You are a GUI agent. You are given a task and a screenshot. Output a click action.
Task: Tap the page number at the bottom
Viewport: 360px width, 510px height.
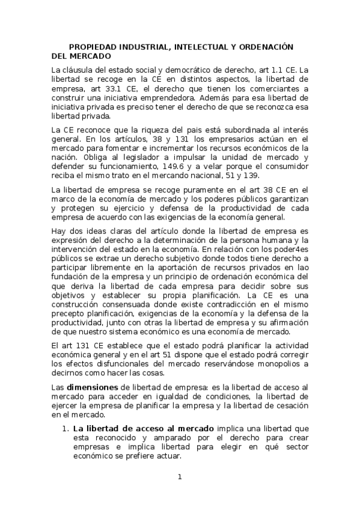tap(180, 478)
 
